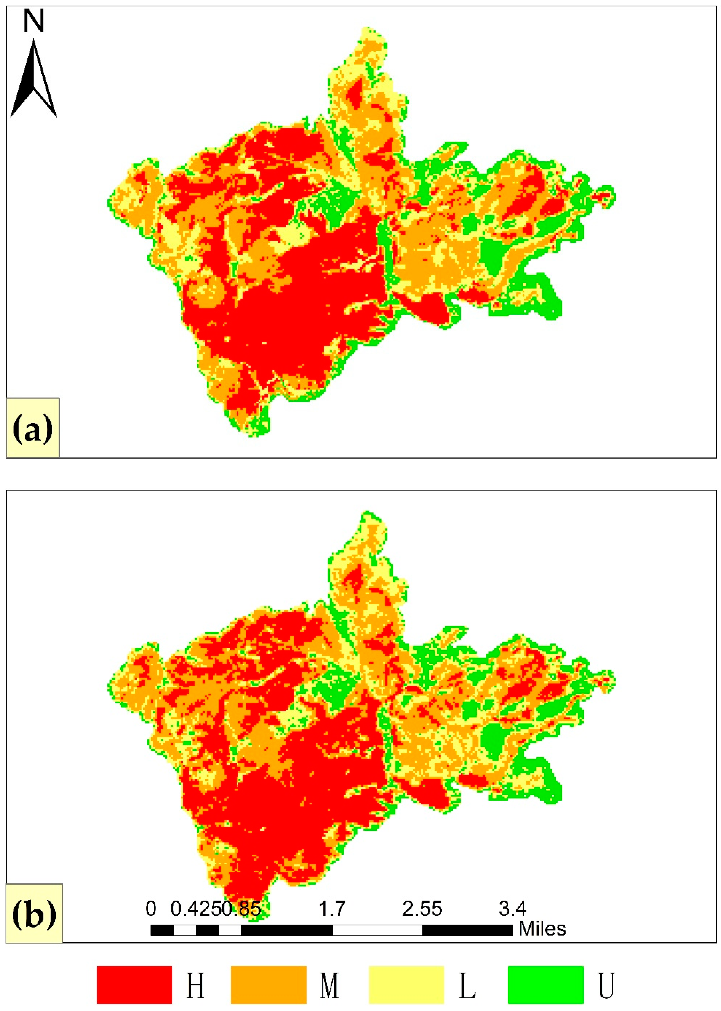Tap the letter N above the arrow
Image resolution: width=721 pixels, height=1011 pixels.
[x=34, y=21]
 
